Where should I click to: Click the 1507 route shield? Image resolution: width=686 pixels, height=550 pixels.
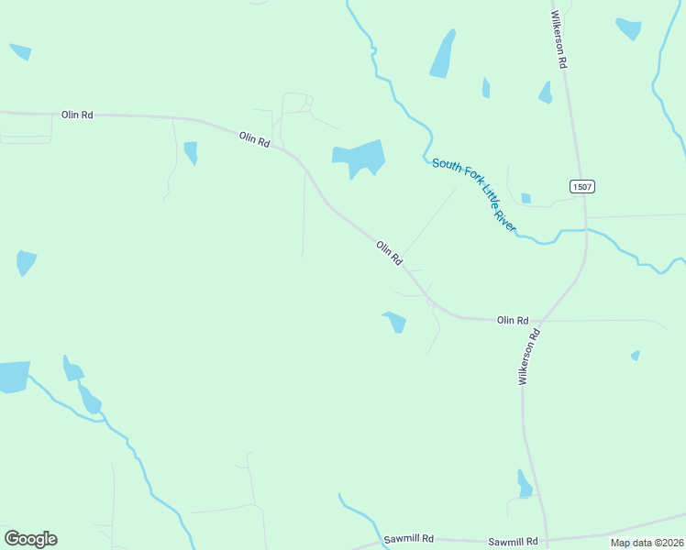tap(582, 187)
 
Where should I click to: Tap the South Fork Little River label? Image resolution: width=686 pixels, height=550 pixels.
tap(474, 194)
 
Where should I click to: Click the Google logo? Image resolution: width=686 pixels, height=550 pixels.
tap(30, 539)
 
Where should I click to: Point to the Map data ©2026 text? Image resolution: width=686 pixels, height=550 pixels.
tap(647, 543)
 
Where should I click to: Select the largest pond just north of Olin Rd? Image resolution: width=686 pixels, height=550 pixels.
tap(359, 159)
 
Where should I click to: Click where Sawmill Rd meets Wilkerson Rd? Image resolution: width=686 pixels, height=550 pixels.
tap(548, 540)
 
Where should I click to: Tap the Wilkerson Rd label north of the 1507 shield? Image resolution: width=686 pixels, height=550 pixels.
tap(559, 40)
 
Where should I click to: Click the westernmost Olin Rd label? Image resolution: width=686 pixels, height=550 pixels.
tap(77, 115)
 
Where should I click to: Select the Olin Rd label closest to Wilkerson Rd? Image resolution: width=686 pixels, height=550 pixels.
tap(513, 320)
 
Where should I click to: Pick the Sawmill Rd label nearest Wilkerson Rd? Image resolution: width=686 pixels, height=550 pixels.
tap(512, 542)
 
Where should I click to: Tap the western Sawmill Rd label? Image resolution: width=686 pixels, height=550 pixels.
tap(409, 539)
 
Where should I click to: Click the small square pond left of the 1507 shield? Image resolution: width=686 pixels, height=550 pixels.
tap(526, 198)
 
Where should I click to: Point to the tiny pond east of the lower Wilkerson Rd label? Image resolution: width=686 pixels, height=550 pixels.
tap(636, 356)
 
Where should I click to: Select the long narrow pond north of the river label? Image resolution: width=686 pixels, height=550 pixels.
tap(443, 55)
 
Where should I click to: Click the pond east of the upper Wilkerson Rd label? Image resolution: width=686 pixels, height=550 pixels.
tap(629, 28)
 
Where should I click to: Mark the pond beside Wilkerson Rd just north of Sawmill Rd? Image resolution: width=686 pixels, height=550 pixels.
tap(524, 484)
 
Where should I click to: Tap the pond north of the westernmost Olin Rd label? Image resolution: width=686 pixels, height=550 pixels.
tap(20, 51)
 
